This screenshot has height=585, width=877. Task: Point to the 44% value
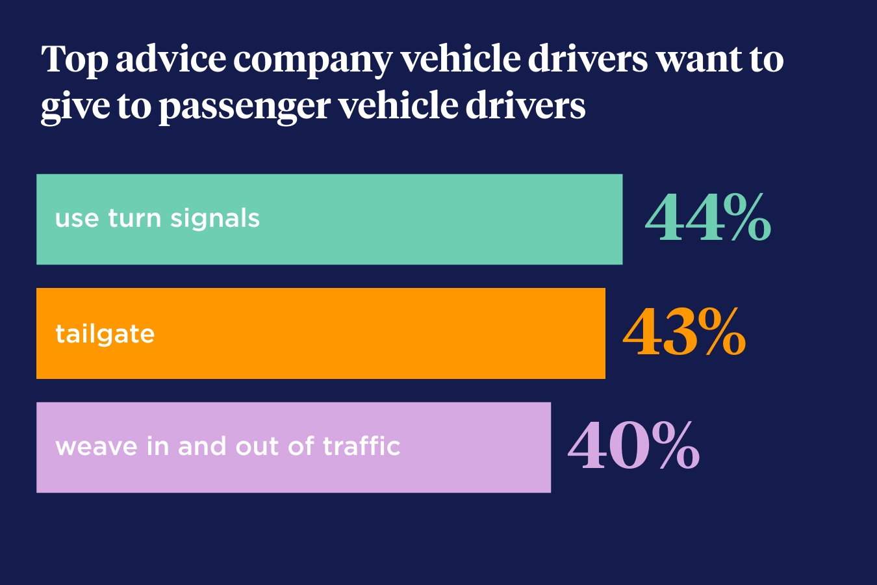(x=707, y=218)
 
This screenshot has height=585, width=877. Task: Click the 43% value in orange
(x=684, y=333)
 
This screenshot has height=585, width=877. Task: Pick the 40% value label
(x=633, y=447)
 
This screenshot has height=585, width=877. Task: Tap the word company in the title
(x=312, y=60)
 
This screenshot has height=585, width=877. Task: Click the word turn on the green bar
(x=134, y=218)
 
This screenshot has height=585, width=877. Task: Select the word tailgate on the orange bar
(x=105, y=334)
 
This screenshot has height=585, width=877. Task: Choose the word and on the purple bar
(x=202, y=447)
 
